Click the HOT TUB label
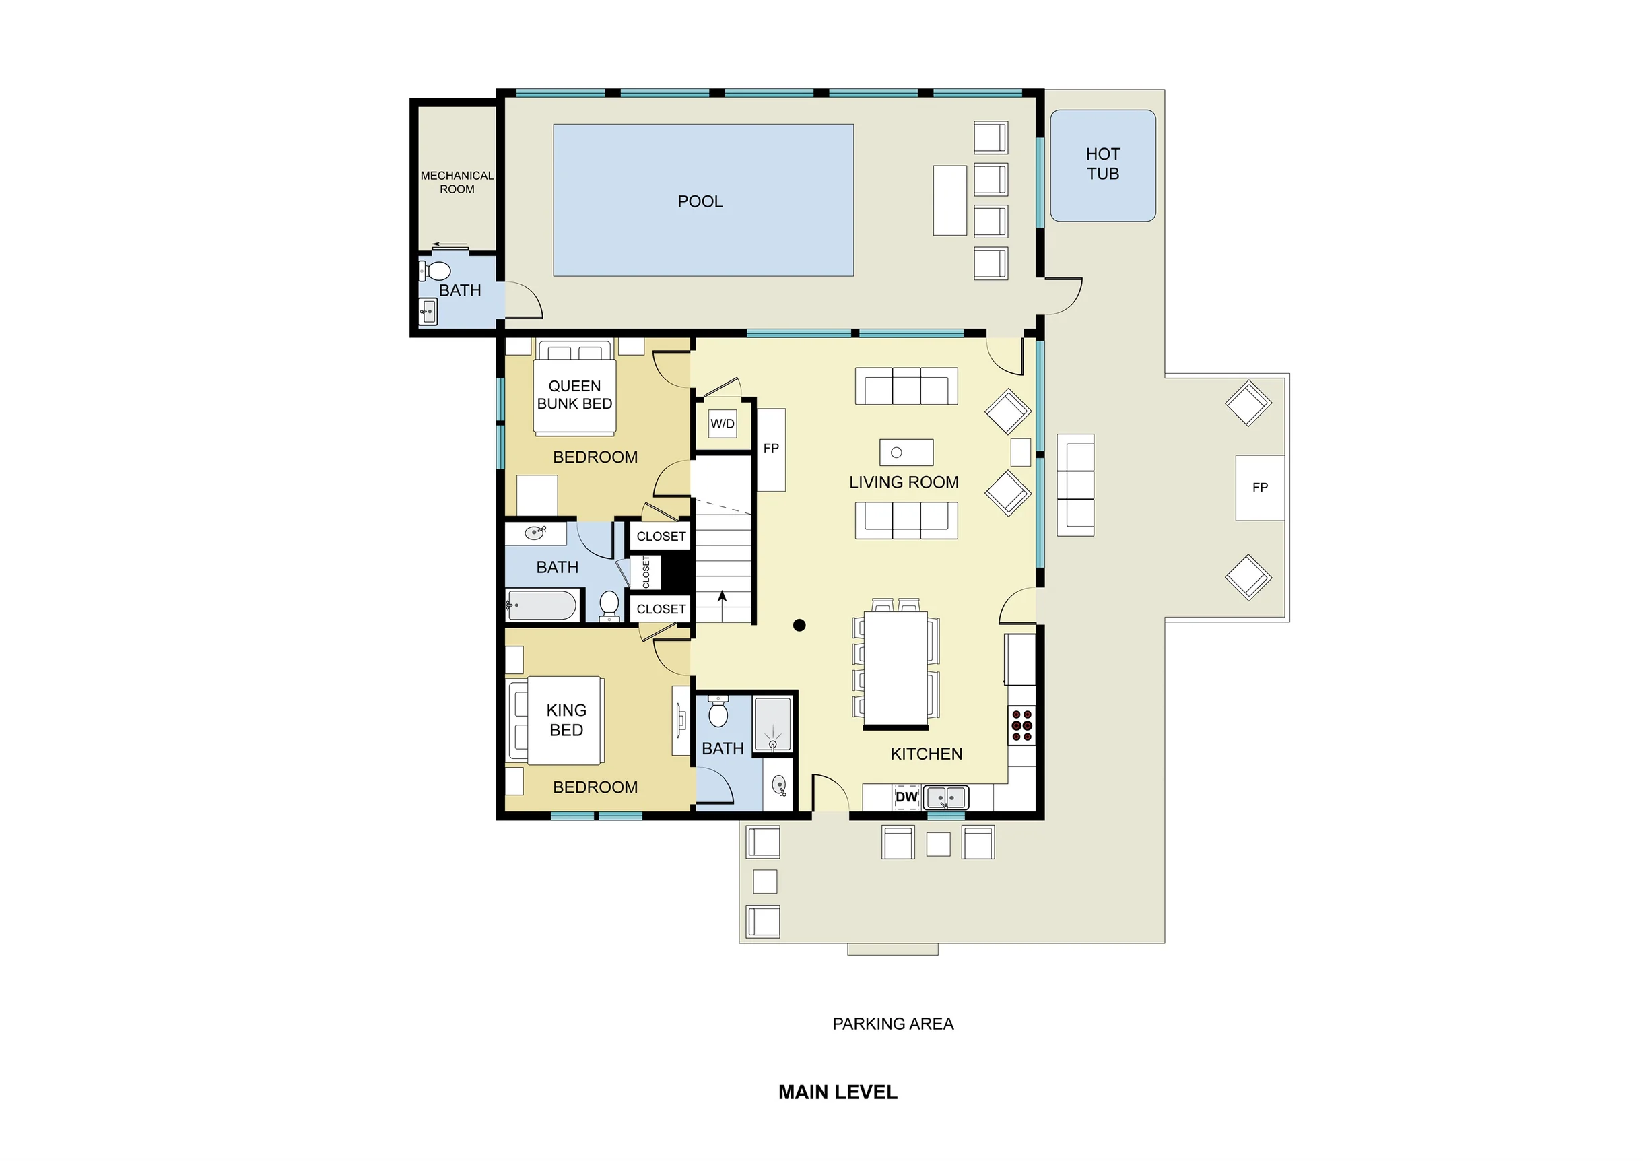tap(1103, 164)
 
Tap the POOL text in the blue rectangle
tap(700, 202)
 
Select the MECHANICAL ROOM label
tap(457, 183)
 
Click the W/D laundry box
tap(722, 424)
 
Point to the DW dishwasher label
tap(906, 797)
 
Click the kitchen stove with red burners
tap(1022, 725)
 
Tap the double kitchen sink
tap(945, 797)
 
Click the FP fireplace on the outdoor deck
tap(1259, 488)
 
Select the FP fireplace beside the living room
tap(771, 449)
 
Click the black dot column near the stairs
tap(799, 625)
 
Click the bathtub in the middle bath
tap(541, 605)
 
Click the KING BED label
tap(566, 720)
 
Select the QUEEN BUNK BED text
tap(574, 395)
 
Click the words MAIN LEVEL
tap(838, 1092)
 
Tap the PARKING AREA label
tap(893, 1024)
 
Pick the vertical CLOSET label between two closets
tap(646, 572)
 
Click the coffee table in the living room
tap(906, 453)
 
